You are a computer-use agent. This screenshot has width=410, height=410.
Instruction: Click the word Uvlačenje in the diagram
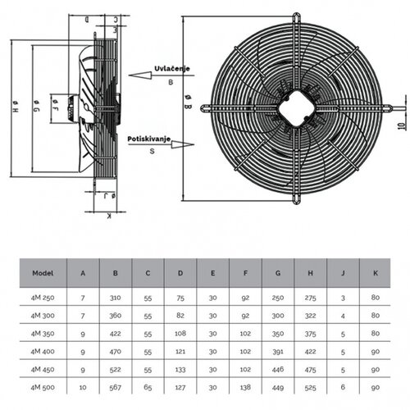pos(171,70)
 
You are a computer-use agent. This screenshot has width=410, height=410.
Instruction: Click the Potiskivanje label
pos(148,140)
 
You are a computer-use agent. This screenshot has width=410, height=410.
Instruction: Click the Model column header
pos(43,272)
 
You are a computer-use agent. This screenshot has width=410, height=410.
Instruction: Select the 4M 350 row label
pos(43,335)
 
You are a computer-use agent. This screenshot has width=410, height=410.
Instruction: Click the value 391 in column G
pos(278,350)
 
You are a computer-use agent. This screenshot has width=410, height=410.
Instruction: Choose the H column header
pos(311,272)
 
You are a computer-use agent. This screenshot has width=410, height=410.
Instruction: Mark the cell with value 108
pos(180,335)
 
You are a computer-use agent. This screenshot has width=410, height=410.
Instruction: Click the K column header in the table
pos(375,272)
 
